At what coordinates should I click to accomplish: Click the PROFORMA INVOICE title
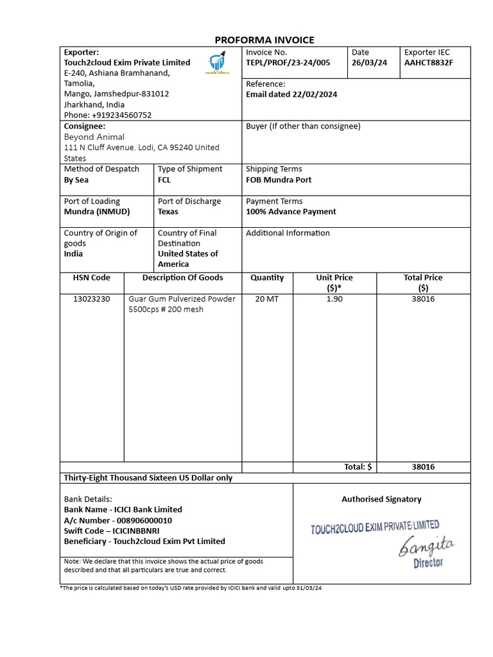pos(264,40)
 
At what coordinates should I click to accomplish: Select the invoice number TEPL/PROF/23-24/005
pos(288,63)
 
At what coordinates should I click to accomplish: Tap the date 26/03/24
pos(369,63)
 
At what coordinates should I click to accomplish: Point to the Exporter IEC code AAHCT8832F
pos(428,63)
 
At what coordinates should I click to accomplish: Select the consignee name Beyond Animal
pos(94,137)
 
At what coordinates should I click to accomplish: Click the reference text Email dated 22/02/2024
pos(291,94)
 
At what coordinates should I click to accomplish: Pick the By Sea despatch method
pos(76,180)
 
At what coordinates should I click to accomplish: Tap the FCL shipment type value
pos(164,180)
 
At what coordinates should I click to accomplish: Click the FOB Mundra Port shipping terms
pos(279,180)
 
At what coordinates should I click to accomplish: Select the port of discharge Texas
pos(168,212)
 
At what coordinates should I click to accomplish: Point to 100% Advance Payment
pos(291,212)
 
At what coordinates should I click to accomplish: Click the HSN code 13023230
pos(91,299)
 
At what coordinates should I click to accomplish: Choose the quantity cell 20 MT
pos(267,299)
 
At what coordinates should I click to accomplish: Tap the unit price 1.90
pos(334,299)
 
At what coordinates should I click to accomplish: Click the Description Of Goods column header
pos(183,278)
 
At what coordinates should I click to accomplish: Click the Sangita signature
pos(427,547)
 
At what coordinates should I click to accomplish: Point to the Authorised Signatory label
pos(381,499)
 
